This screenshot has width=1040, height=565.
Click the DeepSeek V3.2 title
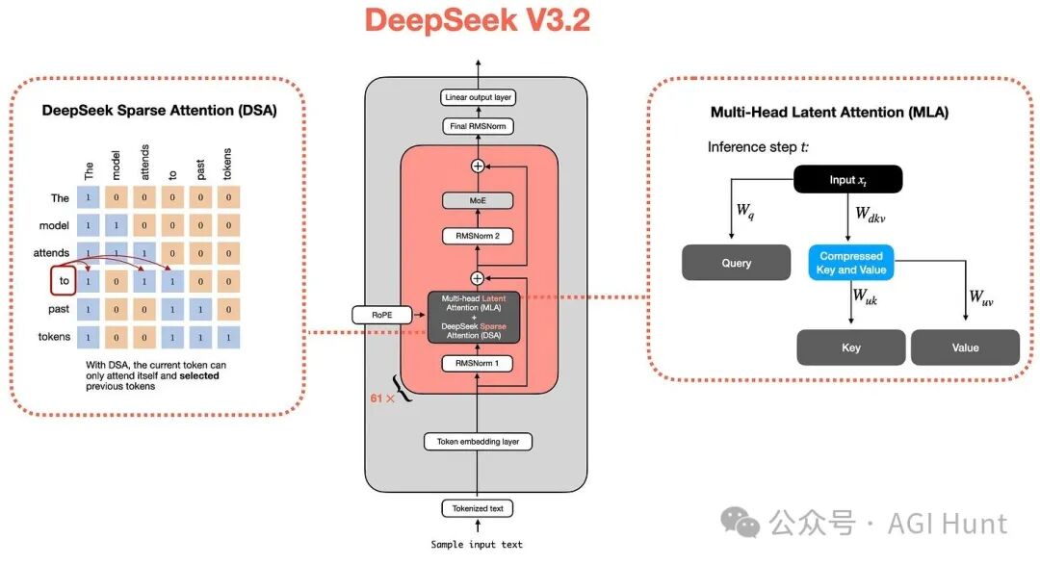(478, 21)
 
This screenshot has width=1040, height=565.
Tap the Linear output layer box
(478, 98)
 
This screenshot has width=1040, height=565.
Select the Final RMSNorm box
(478, 126)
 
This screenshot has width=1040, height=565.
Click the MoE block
(478, 201)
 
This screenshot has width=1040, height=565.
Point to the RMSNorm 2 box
(478, 236)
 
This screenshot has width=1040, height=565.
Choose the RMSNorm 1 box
(478, 363)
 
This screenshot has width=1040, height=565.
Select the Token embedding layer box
(478, 442)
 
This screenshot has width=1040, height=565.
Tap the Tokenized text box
(478, 507)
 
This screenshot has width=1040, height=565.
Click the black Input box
(848, 179)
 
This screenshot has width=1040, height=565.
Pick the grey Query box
(736, 263)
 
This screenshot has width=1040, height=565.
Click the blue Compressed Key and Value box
(850, 263)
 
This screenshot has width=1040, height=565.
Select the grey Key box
(850, 347)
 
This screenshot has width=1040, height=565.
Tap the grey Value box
(965, 347)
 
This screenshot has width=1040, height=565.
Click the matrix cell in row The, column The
(90, 197)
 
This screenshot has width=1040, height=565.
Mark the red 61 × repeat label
(382, 397)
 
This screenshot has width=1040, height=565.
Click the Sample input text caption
(478, 545)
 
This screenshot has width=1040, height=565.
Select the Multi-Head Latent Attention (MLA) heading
(829, 113)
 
